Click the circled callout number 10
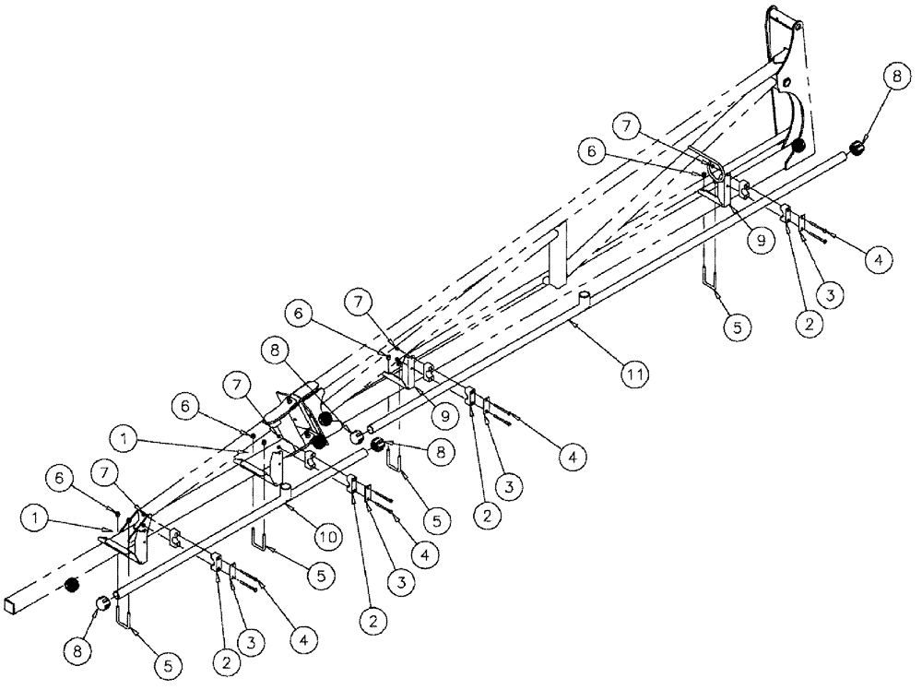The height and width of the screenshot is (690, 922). [x=327, y=534]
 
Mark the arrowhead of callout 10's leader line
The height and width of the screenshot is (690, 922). [x=287, y=505]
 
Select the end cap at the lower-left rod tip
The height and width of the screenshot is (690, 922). [x=103, y=604]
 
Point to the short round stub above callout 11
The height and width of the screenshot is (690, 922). [x=585, y=295]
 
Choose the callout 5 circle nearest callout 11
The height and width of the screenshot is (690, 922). [x=737, y=326]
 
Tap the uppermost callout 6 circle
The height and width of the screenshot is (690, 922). [x=591, y=148]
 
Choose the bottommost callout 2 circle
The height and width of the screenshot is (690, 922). [x=225, y=660]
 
